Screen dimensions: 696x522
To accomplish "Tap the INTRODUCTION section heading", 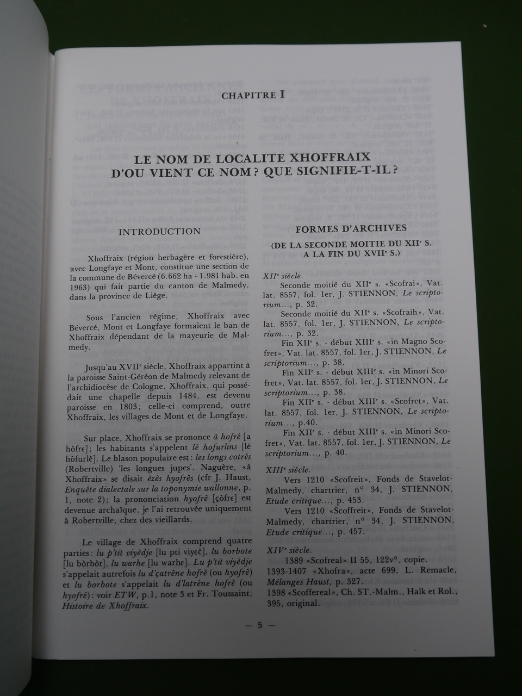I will click(159, 231).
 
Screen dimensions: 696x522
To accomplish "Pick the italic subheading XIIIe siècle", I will click(287, 469).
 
